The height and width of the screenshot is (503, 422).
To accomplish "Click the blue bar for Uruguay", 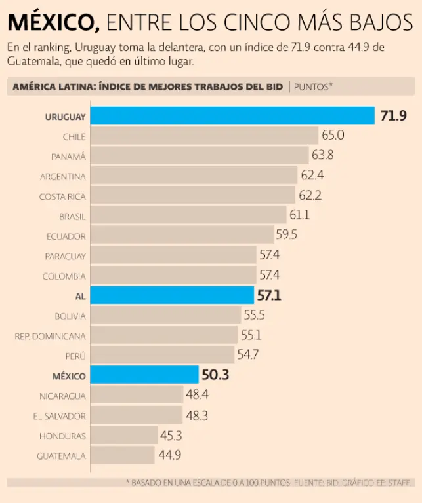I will pyautogui.click(x=232, y=116).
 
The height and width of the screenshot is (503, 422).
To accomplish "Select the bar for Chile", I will pyautogui.click(x=204, y=136).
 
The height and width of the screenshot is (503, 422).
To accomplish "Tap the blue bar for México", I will pyautogui.click(x=144, y=375).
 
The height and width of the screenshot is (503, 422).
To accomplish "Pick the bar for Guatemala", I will pyautogui.click(x=122, y=455).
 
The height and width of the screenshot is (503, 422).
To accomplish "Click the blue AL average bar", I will pyautogui.click(x=172, y=295).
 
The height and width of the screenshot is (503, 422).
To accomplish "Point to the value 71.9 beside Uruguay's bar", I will pyautogui.click(x=394, y=116).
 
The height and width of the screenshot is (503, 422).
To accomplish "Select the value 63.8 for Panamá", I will pyautogui.click(x=322, y=156).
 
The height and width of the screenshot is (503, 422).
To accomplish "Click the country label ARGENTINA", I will pyautogui.click(x=62, y=176).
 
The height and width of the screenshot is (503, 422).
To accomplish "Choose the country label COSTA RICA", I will pyautogui.click(x=62, y=196).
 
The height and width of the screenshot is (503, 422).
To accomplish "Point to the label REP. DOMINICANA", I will pyautogui.click(x=51, y=336).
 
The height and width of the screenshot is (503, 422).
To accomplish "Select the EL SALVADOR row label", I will pyautogui.click(x=59, y=416).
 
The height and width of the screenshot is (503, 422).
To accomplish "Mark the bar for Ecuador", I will pyautogui.click(x=182, y=236).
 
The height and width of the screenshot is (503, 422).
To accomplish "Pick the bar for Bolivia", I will pyautogui.click(x=165, y=316).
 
